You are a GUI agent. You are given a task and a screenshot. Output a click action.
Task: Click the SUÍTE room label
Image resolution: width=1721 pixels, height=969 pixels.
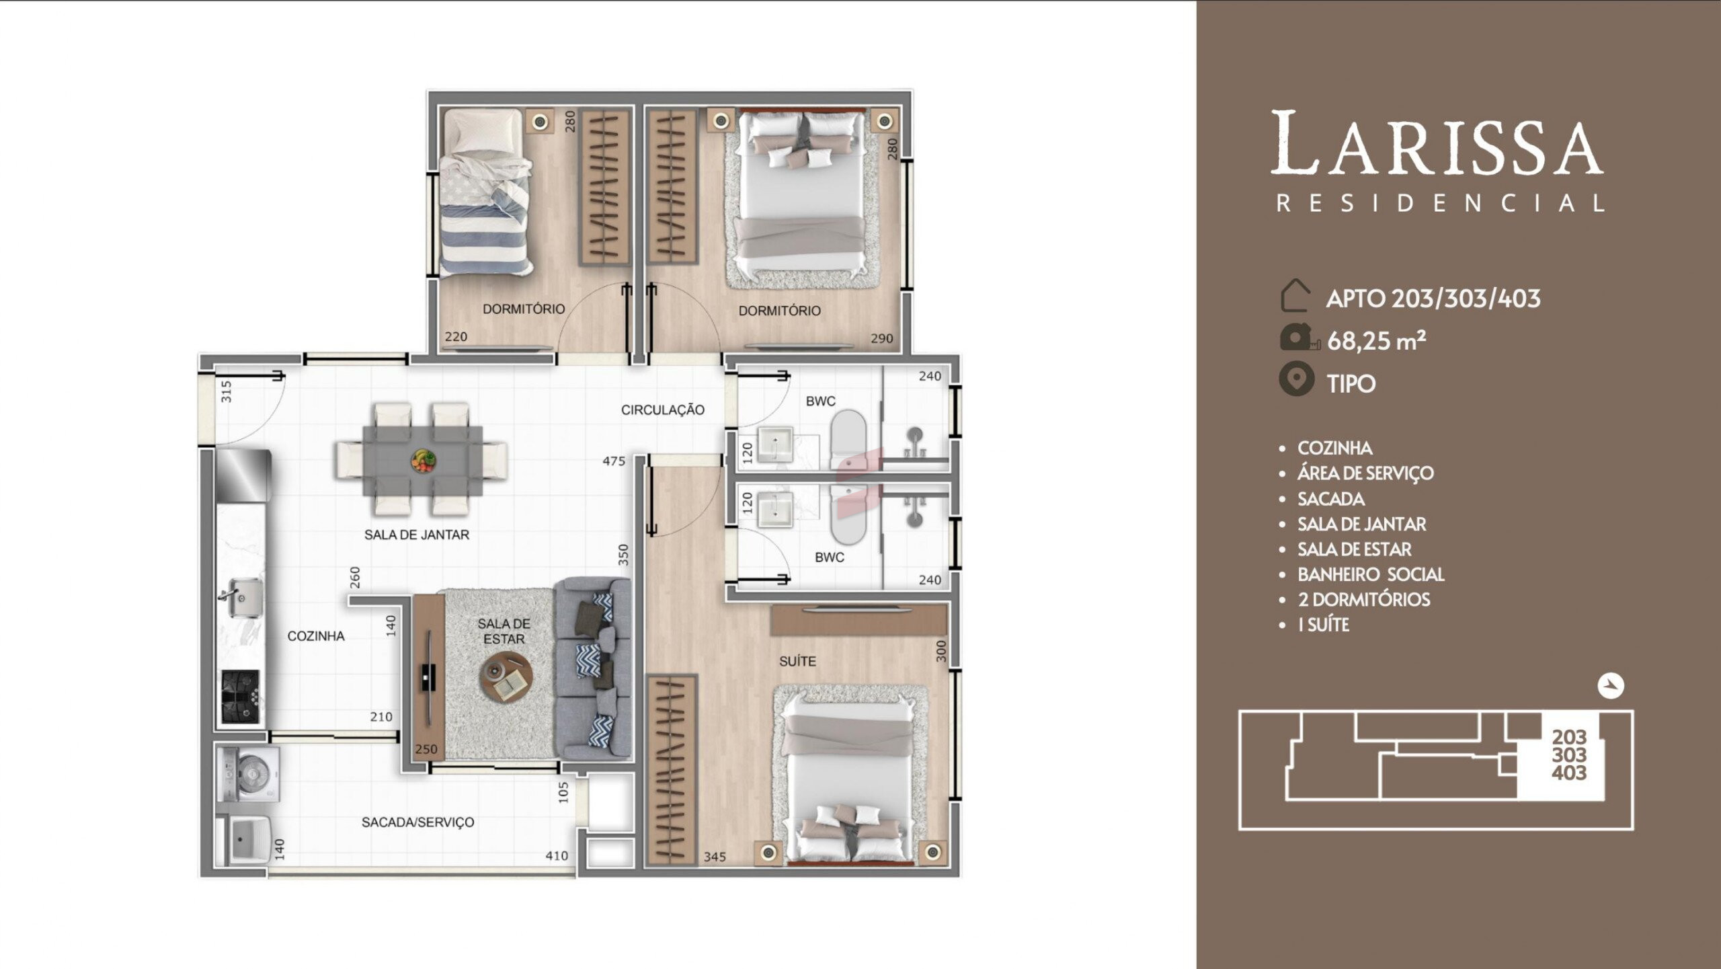pyautogui.click(x=797, y=662)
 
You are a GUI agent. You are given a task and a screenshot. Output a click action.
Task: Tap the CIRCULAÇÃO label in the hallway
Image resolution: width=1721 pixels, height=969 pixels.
pyautogui.click(x=662, y=410)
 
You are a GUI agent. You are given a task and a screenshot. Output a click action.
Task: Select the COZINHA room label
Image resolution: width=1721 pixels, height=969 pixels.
pyautogui.click(x=316, y=636)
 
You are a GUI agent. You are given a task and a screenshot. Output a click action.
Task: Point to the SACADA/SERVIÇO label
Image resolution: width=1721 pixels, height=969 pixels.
pyautogui.click(x=417, y=822)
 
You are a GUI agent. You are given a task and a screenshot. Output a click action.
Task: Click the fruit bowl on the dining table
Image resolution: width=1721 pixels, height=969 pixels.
pyautogui.click(x=423, y=461)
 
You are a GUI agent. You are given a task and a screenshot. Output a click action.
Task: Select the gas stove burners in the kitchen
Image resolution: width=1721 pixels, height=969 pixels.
pyautogui.click(x=240, y=697)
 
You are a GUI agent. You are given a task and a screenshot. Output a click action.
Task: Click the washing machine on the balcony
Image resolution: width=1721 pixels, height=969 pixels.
pyautogui.click(x=249, y=775)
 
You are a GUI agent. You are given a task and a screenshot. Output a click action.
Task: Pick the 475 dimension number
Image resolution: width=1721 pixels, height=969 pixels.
pyautogui.click(x=614, y=461)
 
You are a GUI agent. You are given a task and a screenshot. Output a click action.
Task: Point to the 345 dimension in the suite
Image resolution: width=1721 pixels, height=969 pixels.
pyautogui.click(x=715, y=857)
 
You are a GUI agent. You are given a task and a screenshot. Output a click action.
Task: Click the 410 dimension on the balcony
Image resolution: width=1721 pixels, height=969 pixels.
pyautogui.click(x=557, y=856)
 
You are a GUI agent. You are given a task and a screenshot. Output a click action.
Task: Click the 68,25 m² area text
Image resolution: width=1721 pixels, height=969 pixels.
pyautogui.click(x=1376, y=341)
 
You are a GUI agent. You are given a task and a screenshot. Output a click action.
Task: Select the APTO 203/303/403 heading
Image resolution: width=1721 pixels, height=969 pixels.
pyautogui.click(x=1433, y=299)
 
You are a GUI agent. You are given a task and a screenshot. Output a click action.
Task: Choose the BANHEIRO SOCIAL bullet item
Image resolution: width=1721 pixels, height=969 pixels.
pyautogui.click(x=1371, y=574)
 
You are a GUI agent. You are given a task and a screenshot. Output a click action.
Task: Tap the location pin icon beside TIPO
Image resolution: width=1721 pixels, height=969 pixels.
pyautogui.click(x=1296, y=379)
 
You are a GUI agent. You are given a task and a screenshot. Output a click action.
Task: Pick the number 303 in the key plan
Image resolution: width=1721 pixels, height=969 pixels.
pyautogui.click(x=1569, y=755)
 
